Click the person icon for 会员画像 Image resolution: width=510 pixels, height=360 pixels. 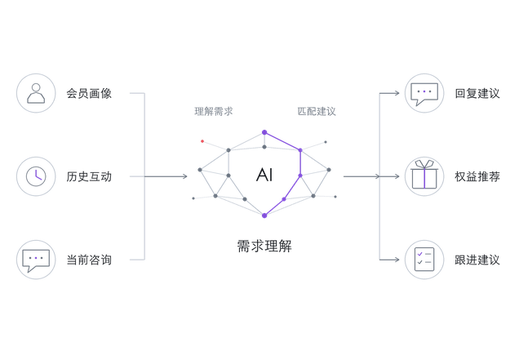coord(36,93)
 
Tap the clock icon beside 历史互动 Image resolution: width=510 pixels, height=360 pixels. coord(36,176)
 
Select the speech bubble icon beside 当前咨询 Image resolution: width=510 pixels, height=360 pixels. coord(36,260)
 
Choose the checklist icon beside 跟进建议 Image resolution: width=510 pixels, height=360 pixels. coord(424,260)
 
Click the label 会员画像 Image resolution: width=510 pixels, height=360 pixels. coord(89,93)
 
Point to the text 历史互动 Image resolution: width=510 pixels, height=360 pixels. coord(89,176)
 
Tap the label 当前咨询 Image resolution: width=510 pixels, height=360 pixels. coord(89,260)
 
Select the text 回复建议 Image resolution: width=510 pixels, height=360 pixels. coord(477,93)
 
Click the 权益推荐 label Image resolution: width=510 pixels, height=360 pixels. coord(477,176)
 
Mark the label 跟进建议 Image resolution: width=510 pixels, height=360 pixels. coord(477,260)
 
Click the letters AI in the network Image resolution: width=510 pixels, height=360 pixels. coord(264,175)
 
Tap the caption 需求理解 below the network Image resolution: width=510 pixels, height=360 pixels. coord(264,246)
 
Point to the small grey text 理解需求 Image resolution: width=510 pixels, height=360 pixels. coord(214,111)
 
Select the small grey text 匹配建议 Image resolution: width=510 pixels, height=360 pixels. coord(317,111)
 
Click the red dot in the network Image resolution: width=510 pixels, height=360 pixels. coord(202,141)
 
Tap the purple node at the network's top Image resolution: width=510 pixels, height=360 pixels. coord(264,132)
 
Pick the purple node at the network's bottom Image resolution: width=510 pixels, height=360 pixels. coord(264,216)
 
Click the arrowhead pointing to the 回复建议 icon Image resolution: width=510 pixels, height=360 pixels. coord(397,93)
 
